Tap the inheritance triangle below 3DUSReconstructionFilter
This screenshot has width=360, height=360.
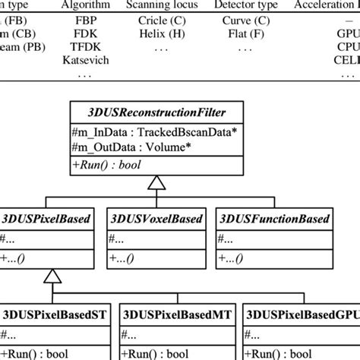tap(156, 183)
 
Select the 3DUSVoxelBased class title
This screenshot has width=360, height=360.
tap(156, 219)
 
